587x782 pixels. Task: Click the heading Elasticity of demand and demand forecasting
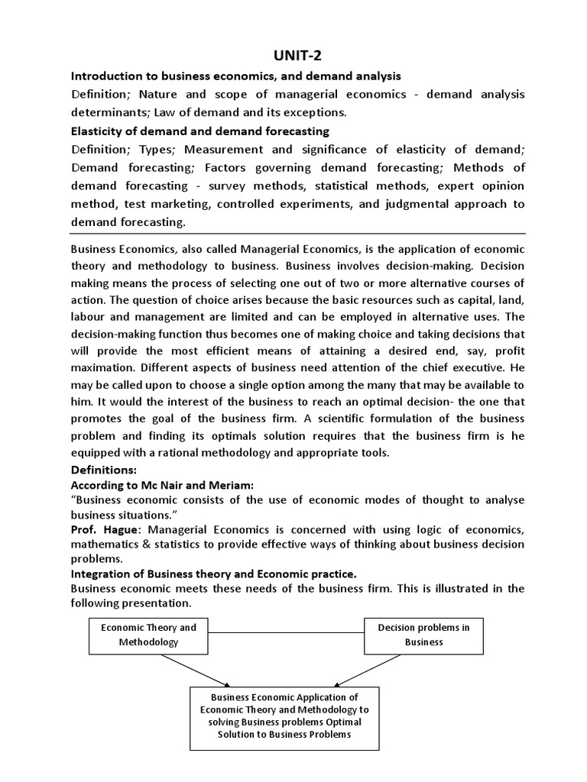200,131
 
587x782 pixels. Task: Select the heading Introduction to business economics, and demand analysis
235,76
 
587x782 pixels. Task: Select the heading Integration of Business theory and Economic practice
213,574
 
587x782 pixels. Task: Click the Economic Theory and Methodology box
148,635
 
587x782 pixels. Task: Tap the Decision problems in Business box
423,635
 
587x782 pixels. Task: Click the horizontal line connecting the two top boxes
286,633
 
